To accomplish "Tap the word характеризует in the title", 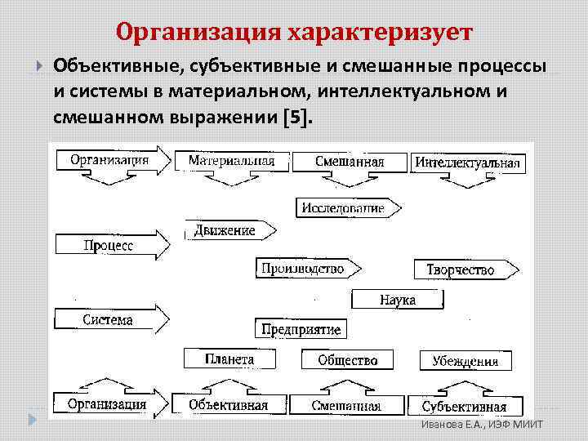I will pos(381,33).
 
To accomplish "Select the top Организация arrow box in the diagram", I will pos(109,160).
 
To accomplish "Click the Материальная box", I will pos(231,161).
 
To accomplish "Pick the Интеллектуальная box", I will pos(467,163).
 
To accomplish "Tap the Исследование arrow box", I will pos(343,207).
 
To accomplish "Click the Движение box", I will pos(225,230).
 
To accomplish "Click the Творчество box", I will pos(461,269).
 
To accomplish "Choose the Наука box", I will pos(398,300).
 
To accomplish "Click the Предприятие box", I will pos(301,329).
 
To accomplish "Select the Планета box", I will pos(229,359).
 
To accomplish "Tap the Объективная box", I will pos(229,404).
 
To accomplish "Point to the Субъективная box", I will pos(464,406).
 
